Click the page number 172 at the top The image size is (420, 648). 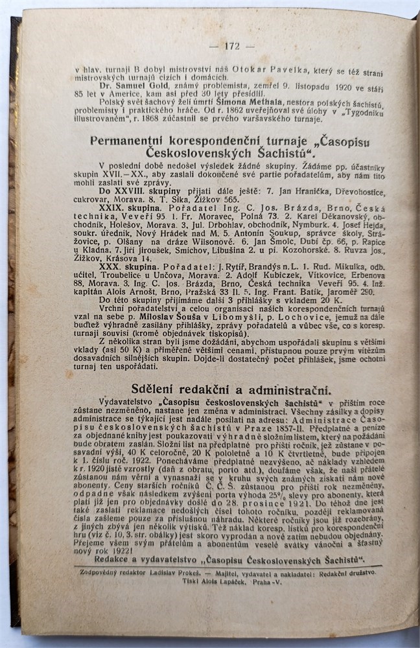[x=231, y=46]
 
